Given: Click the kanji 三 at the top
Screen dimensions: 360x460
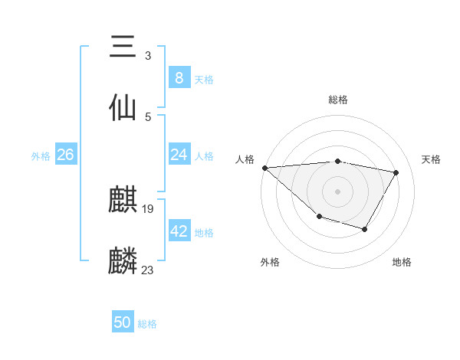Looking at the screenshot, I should [123, 47].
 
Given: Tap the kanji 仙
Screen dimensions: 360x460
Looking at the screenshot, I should [123, 107].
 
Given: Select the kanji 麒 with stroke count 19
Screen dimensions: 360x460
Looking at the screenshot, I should [123, 201].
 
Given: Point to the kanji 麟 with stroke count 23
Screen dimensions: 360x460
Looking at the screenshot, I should [123, 260].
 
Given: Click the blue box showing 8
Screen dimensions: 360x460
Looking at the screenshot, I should [179, 77].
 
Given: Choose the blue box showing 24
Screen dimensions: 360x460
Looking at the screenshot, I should [179, 155].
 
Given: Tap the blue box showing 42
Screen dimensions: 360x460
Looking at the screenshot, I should [179, 231].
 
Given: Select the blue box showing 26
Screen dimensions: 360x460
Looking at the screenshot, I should [65, 155].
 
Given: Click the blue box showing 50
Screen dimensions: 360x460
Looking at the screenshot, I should [123, 322].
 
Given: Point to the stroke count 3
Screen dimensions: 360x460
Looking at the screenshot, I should [148, 56].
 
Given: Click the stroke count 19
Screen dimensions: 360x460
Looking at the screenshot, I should [148, 208].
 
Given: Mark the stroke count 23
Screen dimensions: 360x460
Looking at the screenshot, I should [148, 270].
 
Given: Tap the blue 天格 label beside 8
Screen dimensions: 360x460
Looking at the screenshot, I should [204, 79].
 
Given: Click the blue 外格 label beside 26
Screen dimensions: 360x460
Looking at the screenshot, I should [41, 156].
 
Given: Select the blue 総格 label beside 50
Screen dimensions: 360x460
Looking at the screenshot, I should [147, 324].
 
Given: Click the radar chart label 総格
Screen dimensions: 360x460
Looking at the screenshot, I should [338, 100].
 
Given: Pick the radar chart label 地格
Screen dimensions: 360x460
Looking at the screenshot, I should [402, 262].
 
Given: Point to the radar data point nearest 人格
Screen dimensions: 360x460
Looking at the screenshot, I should [264, 168].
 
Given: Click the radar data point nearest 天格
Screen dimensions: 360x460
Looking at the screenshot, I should [396, 172].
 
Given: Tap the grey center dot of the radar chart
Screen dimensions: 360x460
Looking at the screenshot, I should [337, 191].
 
